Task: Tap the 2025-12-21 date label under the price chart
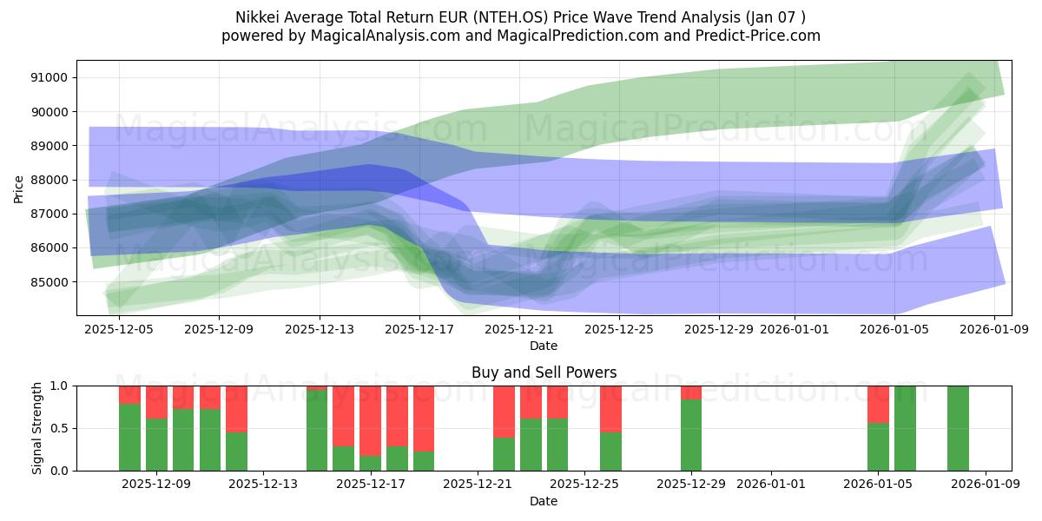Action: click(x=518, y=330)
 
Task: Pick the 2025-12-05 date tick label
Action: click(x=119, y=330)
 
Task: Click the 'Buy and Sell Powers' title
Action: click(x=544, y=373)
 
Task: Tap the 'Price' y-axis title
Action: click(x=20, y=188)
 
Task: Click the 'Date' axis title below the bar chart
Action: click(x=544, y=501)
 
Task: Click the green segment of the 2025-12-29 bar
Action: click(x=691, y=435)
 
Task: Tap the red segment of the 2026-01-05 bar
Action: click(x=878, y=404)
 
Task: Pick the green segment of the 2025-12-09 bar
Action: click(x=156, y=445)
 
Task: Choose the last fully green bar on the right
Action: click(x=958, y=428)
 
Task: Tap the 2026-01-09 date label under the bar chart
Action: click(x=986, y=485)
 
